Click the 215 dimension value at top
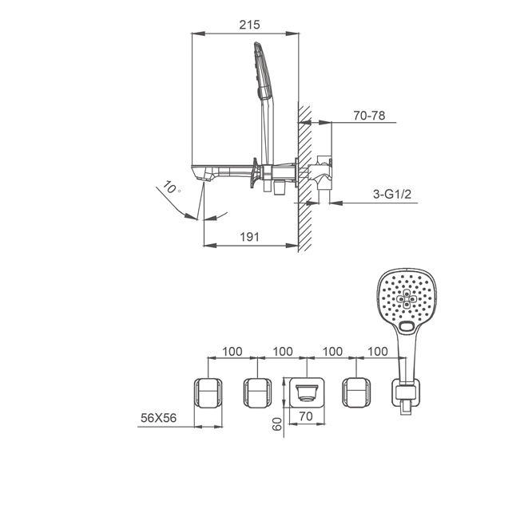point(249,25)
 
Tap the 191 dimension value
point(249,237)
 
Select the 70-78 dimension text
point(369,116)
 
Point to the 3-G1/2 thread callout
point(392,194)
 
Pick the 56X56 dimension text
point(158,418)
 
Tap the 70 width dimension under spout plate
point(306,416)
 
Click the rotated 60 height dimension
point(277,424)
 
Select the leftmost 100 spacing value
point(232,352)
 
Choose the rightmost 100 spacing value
point(378,352)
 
